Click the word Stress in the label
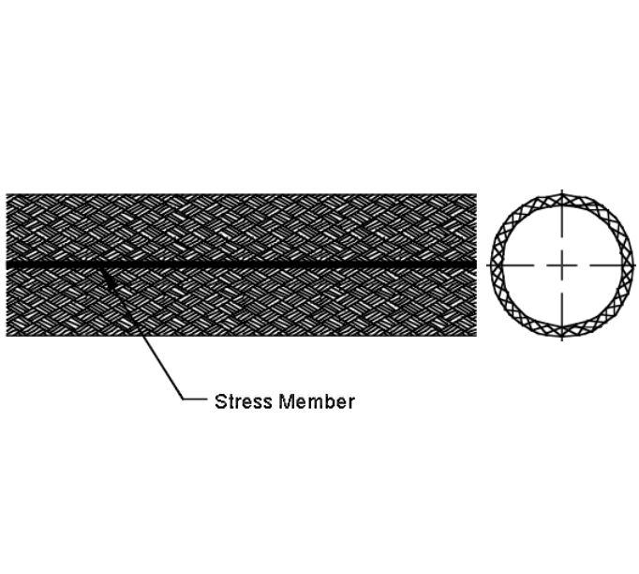(x=244, y=401)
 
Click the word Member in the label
(x=317, y=401)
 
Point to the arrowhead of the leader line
(x=102, y=270)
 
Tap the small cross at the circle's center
(x=562, y=265)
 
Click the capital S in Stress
(x=220, y=401)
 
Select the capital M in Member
(x=288, y=401)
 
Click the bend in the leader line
(x=183, y=399)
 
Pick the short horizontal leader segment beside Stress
(x=195, y=399)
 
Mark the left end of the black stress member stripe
(x=7, y=264)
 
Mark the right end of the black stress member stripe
(x=476, y=264)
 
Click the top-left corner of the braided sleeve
(x=7, y=194)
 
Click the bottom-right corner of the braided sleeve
(x=476, y=336)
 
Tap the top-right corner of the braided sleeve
(x=476, y=194)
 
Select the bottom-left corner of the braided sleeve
(x=7, y=336)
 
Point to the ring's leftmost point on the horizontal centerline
(x=491, y=265)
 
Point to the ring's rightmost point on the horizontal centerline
(x=633, y=265)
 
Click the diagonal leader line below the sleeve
(x=142, y=334)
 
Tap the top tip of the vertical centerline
(x=562, y=189)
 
